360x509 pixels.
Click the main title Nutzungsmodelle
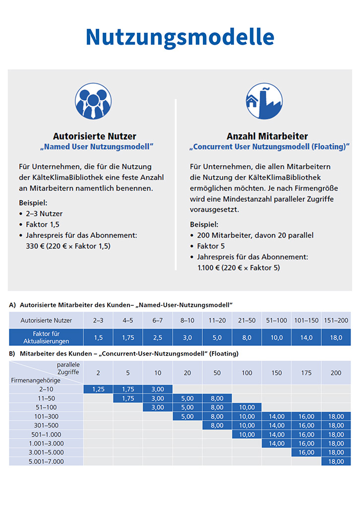(x=180, y=37)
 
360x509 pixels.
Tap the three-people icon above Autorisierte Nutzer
(x=93, y=101)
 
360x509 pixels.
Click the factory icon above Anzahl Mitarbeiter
(x=264, y=101)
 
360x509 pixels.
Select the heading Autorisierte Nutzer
(x=94, y=136)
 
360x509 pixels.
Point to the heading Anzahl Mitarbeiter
(x=267, y=136)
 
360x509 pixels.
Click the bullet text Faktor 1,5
(x=43, y=225)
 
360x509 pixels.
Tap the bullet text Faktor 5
(x=211, y=246)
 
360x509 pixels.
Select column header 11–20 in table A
(x=217, y=320)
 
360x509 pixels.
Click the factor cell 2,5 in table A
(x=158, y=338)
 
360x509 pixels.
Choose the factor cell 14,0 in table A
(x=306, y=338)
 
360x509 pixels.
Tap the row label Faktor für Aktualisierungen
(x=46, y=337)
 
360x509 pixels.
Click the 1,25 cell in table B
(x=98, y=389)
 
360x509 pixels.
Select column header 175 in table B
(x=306, y=373)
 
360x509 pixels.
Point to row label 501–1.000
(x=46, y=435)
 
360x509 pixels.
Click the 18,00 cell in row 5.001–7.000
(x=336, y=461)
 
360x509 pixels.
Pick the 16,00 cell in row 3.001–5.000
(x=306, y=452)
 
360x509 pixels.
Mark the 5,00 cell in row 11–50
(x=187, y=398)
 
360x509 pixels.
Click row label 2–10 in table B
(x=46, y=389)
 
